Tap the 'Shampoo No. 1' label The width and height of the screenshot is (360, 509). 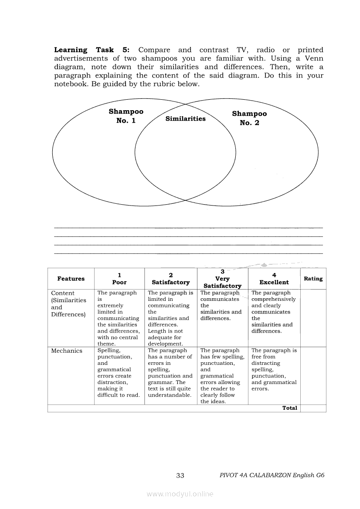[x=126, y=116]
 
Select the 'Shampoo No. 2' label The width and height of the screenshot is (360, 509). [x=249, y=118]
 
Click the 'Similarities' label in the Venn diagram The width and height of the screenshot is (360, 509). [x=186, y=119]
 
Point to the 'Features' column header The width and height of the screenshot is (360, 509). [x=71, y=279]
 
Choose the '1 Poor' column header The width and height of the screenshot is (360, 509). [x=119, y=279]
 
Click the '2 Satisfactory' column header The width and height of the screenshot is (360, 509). [x=170, y=279]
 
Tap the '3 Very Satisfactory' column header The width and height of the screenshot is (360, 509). [x=222, y=279]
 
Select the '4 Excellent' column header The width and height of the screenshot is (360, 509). [x=274, y=279]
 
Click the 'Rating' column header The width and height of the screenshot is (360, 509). [x=313, y=279]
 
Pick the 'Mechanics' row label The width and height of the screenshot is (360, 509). [x=67, y=351]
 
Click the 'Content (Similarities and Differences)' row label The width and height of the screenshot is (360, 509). [x=69, y=303]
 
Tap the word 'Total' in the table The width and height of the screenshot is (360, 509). [x=290, y=408]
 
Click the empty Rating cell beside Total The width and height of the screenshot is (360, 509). [x=313, y=408]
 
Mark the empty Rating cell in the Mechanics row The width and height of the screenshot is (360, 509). [x=313, y=376]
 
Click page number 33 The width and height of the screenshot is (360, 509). [x=180, y=475]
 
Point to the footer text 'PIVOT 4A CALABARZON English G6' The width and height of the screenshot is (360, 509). [x=272, y=475]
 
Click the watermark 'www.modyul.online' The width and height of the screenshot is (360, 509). [x=180, y=494]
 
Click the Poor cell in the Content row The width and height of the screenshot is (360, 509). [x=119, y=318]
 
